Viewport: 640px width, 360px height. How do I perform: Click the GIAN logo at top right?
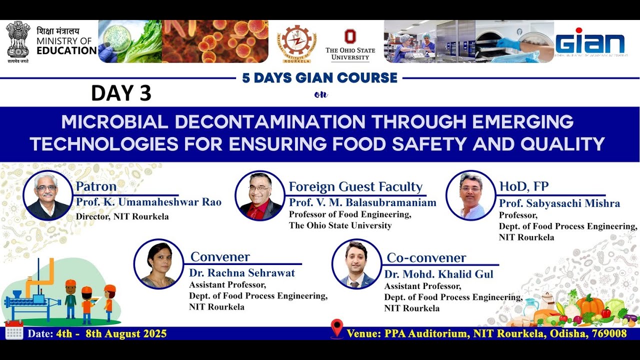coord(590,42)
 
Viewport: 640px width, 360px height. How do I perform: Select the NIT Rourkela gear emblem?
coord(297,42)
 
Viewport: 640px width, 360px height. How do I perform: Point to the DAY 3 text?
coord(121,93)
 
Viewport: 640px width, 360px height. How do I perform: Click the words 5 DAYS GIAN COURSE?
coord(319,78)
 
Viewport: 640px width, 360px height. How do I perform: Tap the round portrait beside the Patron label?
coord(48,195)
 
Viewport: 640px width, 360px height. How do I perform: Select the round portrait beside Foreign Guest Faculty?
coord(259,195)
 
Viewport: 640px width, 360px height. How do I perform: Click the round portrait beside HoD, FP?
coord(470,195)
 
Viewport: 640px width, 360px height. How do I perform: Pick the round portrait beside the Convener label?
coord(158,264)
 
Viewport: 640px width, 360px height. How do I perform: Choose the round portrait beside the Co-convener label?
coord(356,264)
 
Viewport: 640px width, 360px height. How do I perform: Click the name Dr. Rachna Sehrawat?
coord(242,273)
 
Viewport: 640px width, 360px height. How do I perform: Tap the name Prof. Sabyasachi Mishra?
coord(559,203)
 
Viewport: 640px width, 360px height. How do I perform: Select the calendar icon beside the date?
coord(14,330)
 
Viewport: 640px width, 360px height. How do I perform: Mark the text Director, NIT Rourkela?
coord(122,216)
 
